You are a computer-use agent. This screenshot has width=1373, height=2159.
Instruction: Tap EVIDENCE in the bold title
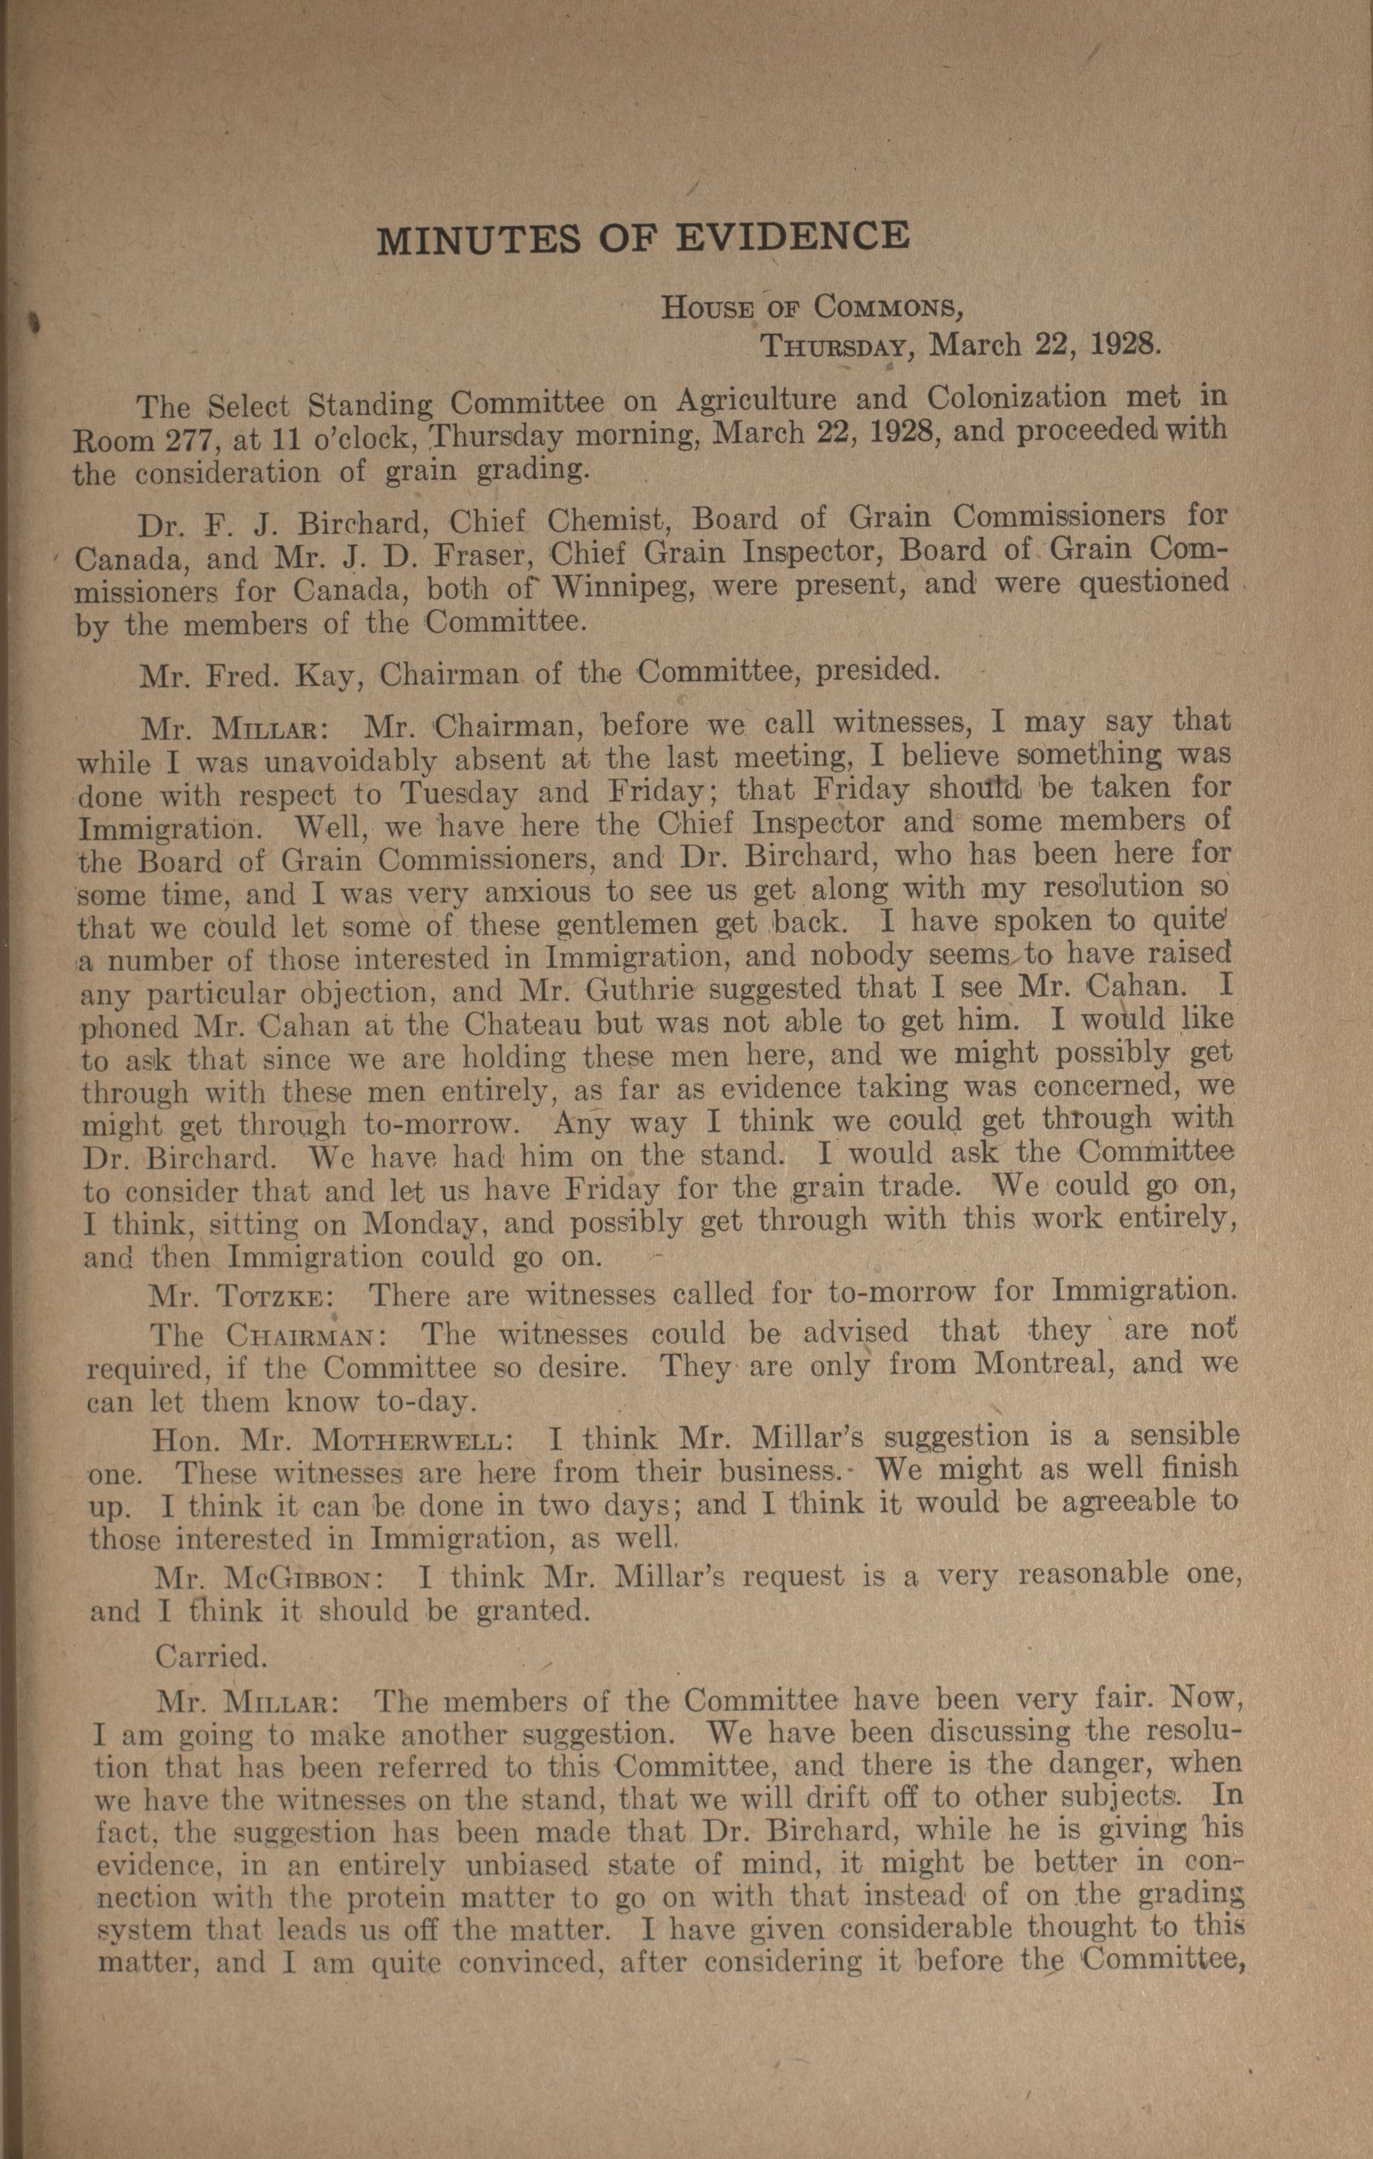791,235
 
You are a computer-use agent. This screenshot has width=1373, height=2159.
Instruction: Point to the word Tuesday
457,793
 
